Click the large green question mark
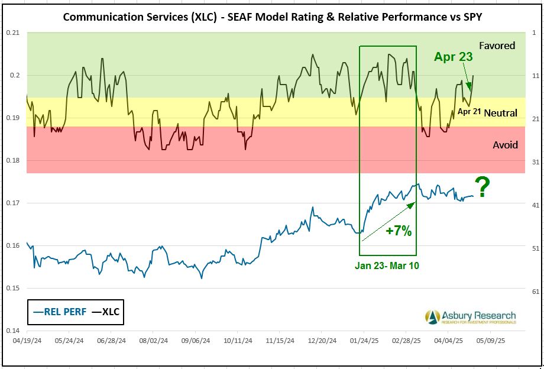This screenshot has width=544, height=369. tap(483, 188)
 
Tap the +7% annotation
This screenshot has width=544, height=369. tap(398, 231)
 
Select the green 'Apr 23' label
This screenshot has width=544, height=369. tap(454, 57)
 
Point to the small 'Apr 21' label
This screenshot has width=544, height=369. tap(469, 111)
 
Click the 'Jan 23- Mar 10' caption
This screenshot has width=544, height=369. tap(387, 266)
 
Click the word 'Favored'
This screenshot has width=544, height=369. tap(497, 46)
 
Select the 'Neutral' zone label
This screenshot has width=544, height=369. tap(500, 113)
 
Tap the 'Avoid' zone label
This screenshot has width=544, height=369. tap(505, 145)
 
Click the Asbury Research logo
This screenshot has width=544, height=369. tap(470, 317)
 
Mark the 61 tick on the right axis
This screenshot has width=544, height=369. tap(534, 292)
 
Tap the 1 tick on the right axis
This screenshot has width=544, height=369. tap(535, 33)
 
